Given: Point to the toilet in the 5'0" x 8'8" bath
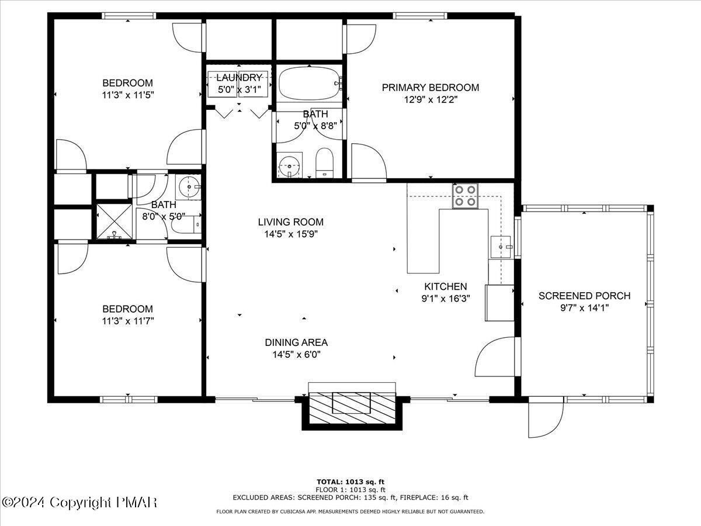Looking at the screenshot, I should pos(324,162).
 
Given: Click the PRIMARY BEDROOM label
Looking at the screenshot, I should pos(431,88).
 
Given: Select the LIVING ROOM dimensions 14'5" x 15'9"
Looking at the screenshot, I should pos(291,234).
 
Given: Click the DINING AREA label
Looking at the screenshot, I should pos(296,342).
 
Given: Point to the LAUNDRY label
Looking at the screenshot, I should pos(239,78).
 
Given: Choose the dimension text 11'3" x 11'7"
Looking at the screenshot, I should pos(128,320).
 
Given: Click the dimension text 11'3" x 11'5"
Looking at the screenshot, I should pos(128,94).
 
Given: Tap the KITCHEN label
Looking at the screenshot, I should pos(445,286).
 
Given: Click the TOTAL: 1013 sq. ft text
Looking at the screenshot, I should pos(350,482).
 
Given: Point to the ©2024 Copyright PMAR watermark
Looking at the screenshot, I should pos(80,502).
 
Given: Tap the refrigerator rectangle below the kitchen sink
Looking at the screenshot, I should pos(499,302).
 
